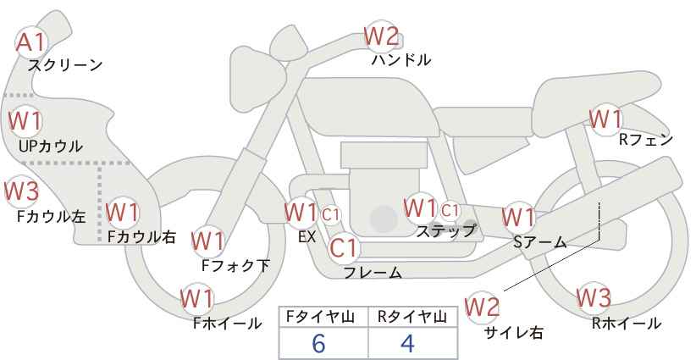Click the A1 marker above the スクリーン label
pyautogui.click(x=31, y=43)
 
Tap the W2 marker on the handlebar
pyautogui.click(x=381, y=36)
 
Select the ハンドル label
pyautogui.click(x=401, y=59)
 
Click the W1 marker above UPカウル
pyautogui.click(x=25, y=121)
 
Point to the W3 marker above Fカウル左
pyautogui.click(x=21, y=191)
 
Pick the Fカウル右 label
pyautogui.click(x=142, y=236)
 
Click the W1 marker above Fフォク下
pyautogui.click(x=207, y=241)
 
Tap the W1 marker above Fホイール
pyautogui.click(x=197, y=299)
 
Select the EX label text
pyautogui.click(x=307, y=237)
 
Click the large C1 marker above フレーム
pyautogui.click(x=345, y=248)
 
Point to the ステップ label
pyautogui.click(x=445, y=231)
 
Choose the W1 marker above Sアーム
pyautogui.click(x=518, y=218)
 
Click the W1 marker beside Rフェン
pyautogui.click(x=606, y=119)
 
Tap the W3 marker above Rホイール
pyautogui.click(x=594, y=298)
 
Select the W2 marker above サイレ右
pyautogui.click(x=482, y=307)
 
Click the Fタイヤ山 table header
pyautogui.click(x=320, y=317)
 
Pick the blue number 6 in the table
pyautogui.click(x=318, y=343)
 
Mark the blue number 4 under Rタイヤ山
pyautogui.click(x=407, y=343)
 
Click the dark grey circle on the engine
pyautogui.click(x=384, y=219)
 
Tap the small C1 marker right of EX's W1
pyautogui.click(x=331, y=215)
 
